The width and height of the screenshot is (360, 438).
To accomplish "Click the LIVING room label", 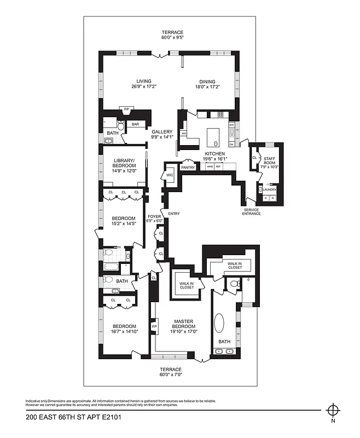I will (x=144, y=81).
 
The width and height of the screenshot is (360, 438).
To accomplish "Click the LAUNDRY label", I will (x=269, y=190).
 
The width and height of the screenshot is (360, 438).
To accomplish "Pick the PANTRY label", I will (x=188, y=168).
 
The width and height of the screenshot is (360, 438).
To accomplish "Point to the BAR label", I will (x=135, y=124).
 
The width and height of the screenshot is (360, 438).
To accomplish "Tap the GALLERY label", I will (x=162, y=132).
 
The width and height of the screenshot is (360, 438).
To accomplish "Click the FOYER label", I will (x=154, y=217).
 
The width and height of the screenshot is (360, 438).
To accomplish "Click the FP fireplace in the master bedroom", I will (x=154, y=327).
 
